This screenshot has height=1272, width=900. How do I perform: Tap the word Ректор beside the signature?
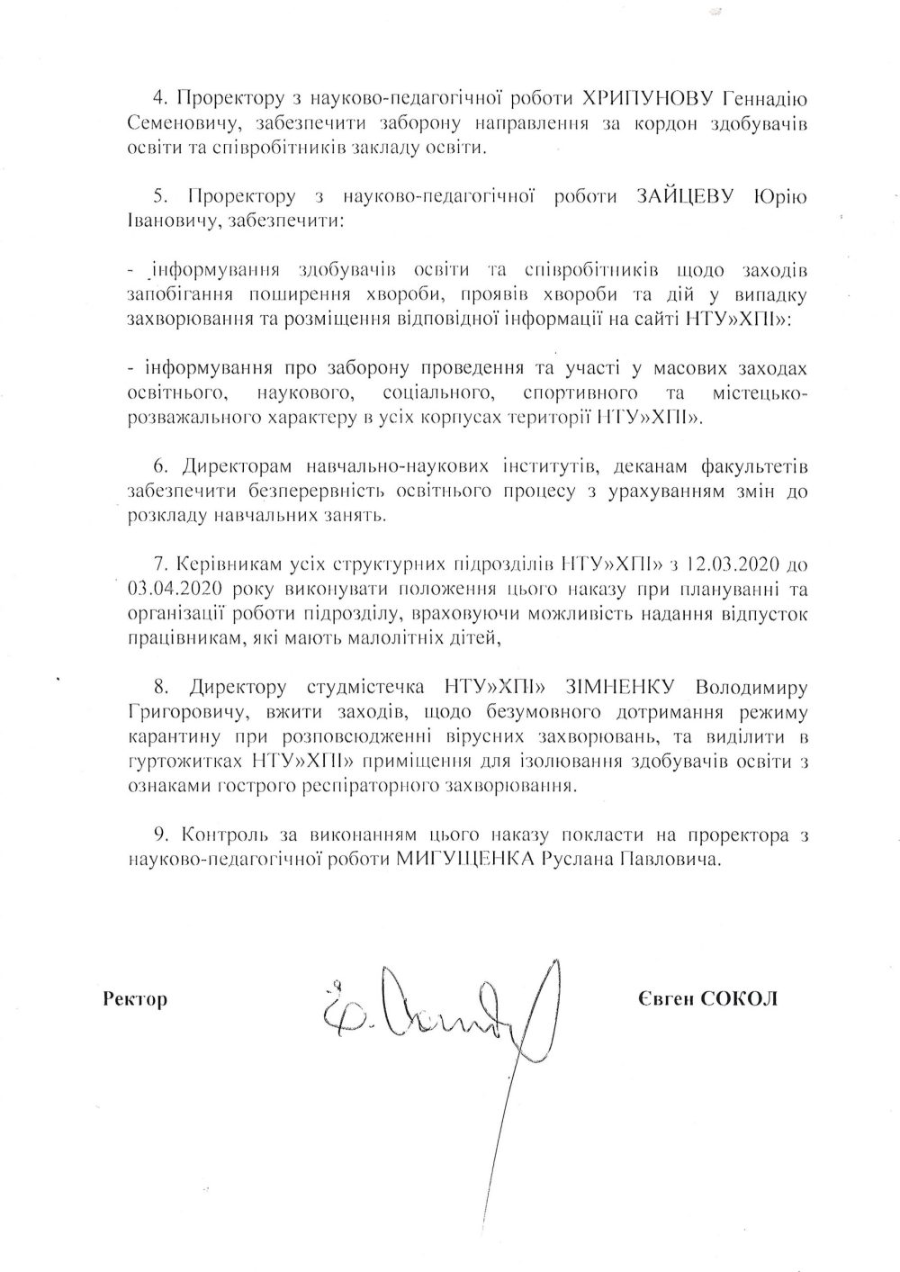click(x=136, y=999)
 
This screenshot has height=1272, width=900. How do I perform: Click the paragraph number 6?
click(x=161, y=468)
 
